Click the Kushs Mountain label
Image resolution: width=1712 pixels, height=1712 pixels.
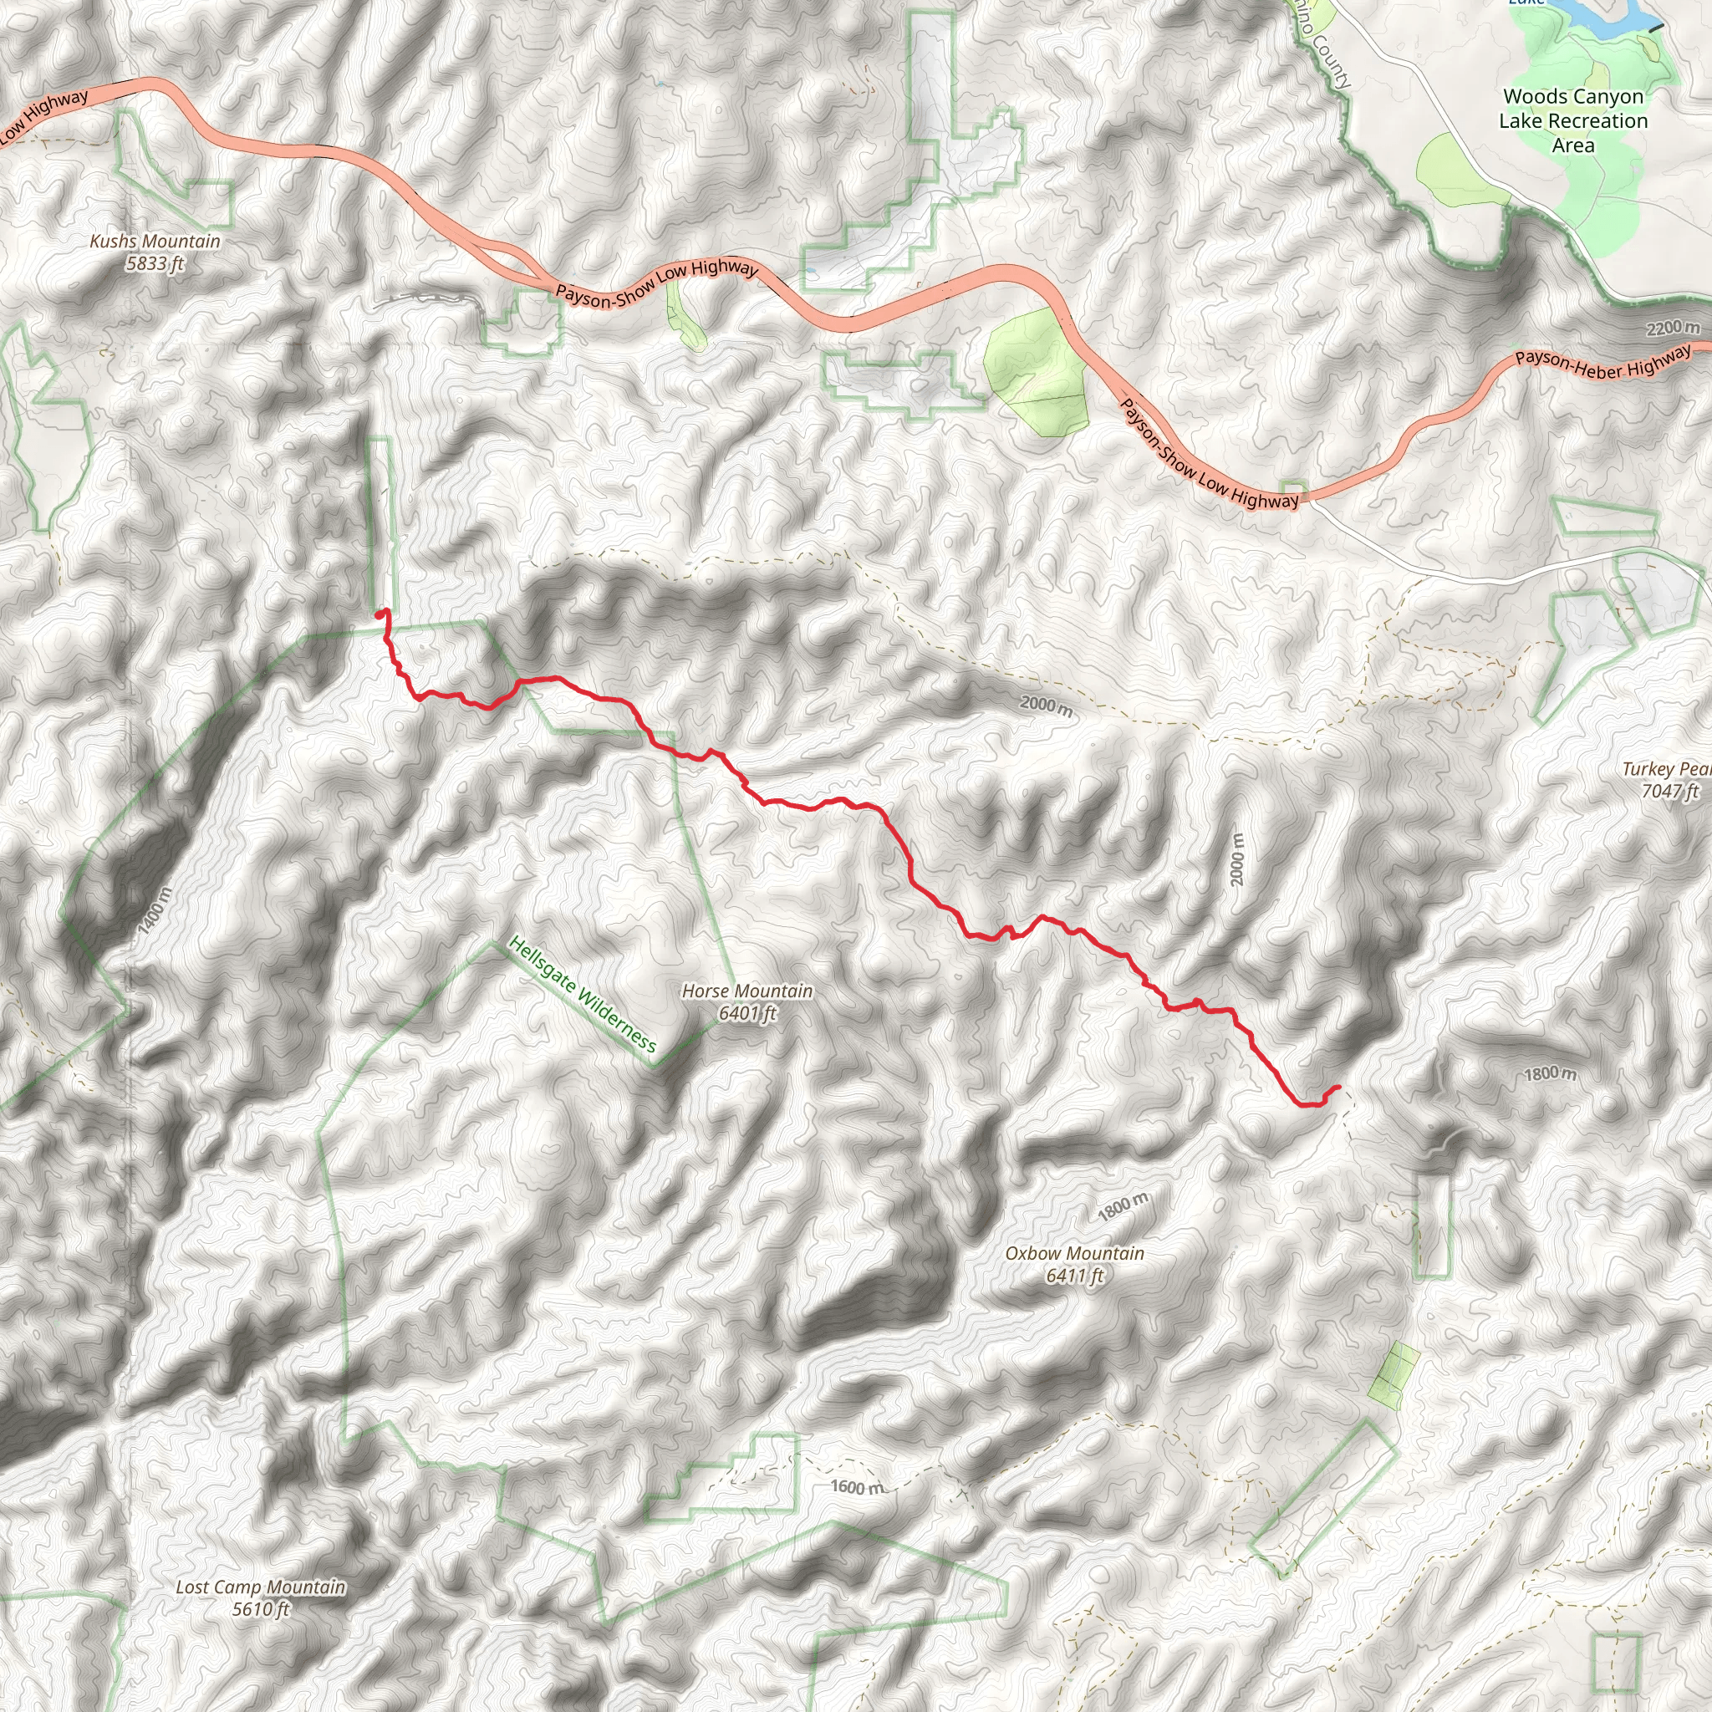155,241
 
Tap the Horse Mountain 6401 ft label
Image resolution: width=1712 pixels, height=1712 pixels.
747,1002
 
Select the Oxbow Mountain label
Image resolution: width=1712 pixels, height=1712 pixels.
1074,1253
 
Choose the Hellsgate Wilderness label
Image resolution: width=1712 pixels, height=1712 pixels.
582,994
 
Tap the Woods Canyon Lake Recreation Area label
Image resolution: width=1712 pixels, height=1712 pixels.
1573,120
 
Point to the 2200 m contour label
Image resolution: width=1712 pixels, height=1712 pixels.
1673,329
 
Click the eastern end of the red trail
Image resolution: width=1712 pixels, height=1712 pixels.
1338,1087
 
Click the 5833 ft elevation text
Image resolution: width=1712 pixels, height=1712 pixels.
155,263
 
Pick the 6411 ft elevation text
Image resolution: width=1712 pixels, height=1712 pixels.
1074,1276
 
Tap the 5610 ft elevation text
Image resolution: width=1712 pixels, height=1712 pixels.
261,1609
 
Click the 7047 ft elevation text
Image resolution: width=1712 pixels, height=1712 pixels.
1669,791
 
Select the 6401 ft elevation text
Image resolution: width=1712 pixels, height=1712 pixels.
747,1013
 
